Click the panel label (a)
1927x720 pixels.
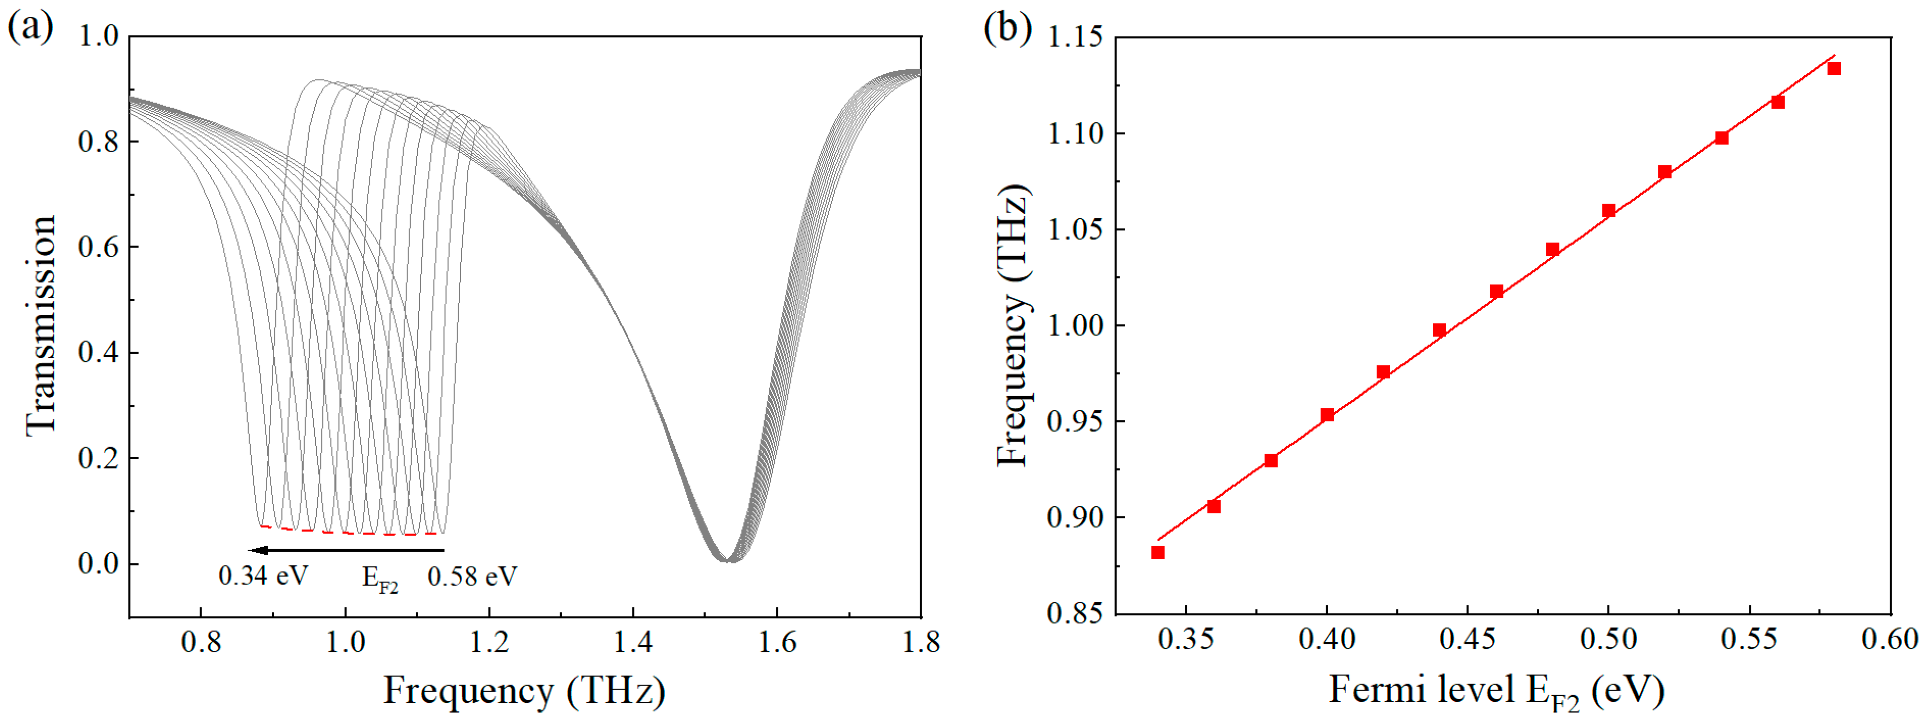[30, 28]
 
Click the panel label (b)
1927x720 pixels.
[1007, 28]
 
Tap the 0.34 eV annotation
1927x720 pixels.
[263, 576]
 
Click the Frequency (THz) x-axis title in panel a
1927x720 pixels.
[524, 690]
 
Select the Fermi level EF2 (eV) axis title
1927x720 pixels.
[1496, 690]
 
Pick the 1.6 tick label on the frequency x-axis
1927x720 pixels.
[777, 642]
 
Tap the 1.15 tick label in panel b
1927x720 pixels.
[1075, 37]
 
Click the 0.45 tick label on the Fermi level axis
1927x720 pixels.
[1467, 639]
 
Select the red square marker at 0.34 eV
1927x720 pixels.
[1157, 552]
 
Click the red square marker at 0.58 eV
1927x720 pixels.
[1833, 69]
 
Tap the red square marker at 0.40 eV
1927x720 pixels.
[1327, 415]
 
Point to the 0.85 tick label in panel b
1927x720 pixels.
[1075, 614]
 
